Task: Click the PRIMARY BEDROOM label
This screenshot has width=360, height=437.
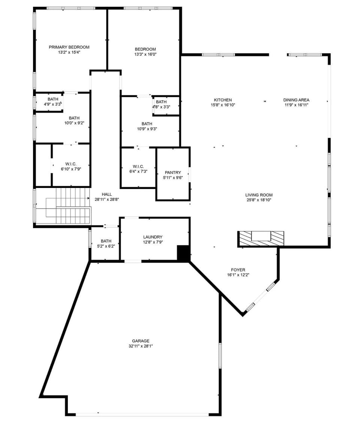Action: [69, 47]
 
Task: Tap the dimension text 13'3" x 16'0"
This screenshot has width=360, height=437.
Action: [145, 54]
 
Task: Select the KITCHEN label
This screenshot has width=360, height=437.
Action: [223, 100]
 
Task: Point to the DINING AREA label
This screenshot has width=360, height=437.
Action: [296, 100]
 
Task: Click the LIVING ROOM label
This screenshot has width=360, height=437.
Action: [259, 195]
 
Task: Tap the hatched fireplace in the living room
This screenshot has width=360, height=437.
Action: [261, 239]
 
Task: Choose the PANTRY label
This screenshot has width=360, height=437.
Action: [172, 173]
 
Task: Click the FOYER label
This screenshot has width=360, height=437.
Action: [238, 270]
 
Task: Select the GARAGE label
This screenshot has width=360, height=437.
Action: [140, 341]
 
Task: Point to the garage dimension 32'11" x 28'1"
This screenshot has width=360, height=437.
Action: [140, 346]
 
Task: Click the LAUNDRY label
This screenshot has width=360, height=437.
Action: [153, 237]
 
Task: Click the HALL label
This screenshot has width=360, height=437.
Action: [107, 194]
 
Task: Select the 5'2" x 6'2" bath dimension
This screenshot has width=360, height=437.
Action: [106, 246]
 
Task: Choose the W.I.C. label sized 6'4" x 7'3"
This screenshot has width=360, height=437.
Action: [138, 166]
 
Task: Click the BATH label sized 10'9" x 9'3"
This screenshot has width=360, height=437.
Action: [147, 124]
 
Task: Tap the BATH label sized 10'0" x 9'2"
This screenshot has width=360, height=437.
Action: [74, 118]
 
